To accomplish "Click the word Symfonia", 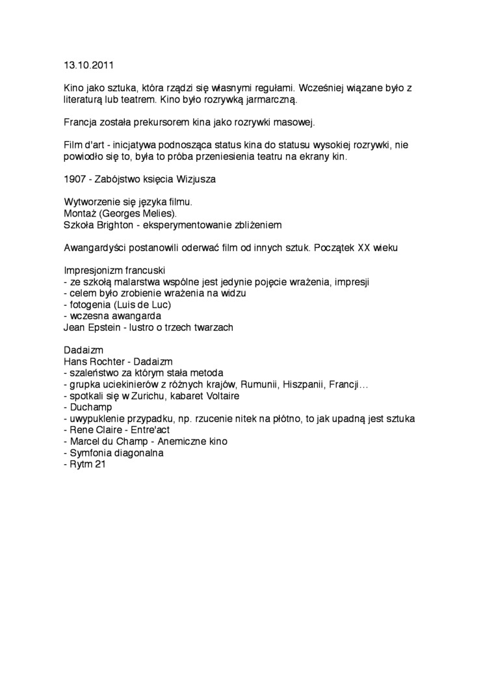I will pos(90,453).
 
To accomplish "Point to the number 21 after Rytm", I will pos(99,464).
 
